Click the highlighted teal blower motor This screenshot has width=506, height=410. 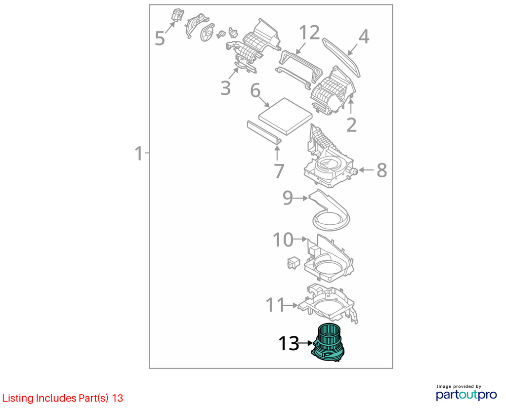pos(328,344)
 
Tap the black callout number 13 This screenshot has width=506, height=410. pos(289,343)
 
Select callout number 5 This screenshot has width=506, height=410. pos(160,39)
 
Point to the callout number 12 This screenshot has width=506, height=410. pos(309,33)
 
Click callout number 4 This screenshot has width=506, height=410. pos(364,37)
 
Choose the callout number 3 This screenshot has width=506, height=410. pos(225,88)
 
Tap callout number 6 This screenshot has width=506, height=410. pos(255,90)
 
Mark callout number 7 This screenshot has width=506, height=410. pos(279,171)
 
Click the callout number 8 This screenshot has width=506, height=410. pos(382,170)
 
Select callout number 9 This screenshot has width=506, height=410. pos(288,198)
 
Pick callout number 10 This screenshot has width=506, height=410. pos(283,240)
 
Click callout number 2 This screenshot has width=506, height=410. pos(351,125)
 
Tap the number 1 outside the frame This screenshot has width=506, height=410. pos(138,154)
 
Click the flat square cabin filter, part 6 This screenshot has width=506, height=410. pos(286,116)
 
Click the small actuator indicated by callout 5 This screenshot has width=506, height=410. pos(177,15)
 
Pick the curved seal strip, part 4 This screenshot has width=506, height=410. pos(341,57)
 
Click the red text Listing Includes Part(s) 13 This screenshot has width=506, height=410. pos(63,398)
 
